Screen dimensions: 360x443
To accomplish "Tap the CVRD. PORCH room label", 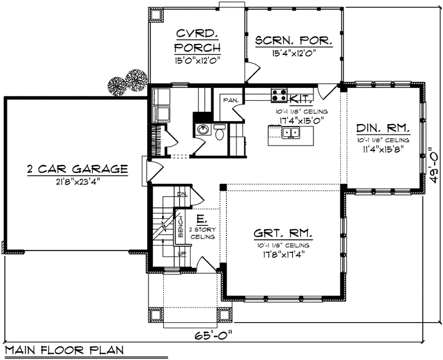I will (197, 40).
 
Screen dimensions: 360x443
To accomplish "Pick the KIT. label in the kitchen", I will (302, 98).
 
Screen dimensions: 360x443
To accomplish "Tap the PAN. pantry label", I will (230, 100).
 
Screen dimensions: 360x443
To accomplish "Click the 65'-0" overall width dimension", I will (214, 336).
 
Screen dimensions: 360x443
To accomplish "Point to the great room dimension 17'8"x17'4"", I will (282, 254).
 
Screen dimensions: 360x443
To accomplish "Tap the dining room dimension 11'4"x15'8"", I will (382, 149).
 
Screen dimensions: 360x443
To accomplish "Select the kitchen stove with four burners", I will (279, 95).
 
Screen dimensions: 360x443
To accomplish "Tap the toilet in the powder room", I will (219, 131).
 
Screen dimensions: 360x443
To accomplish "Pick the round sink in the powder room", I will (203, 130).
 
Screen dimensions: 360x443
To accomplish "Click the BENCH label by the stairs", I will (181, 227).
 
